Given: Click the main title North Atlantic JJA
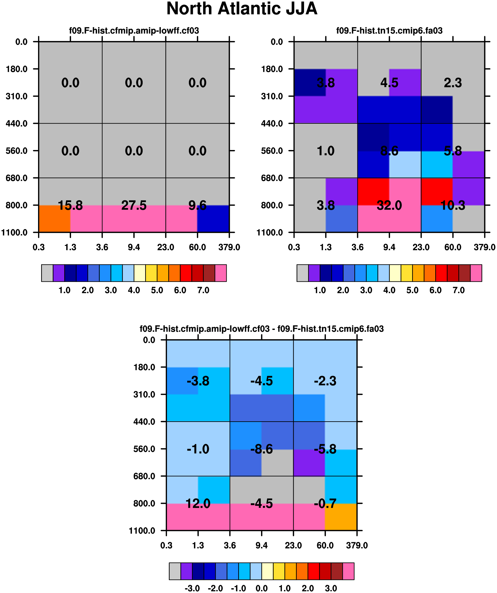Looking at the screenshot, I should coord(242,8).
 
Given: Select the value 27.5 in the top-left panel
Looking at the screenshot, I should coord(134,205).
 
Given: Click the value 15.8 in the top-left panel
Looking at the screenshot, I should coord(70,205).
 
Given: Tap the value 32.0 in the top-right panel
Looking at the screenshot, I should coord(389,205).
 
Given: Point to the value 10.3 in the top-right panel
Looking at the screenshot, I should coord(453,205).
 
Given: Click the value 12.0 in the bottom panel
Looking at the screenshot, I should coord(198,504).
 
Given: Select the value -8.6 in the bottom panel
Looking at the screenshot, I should coord(262,449).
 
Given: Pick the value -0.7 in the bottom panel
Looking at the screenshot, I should coord(325,504).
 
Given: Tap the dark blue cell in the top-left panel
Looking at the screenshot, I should coord(213,219).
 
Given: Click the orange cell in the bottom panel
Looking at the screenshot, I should coord(341,517).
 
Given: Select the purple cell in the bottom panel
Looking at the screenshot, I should coord(309,462).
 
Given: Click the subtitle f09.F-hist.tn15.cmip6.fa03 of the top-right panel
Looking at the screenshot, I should coord(389,30).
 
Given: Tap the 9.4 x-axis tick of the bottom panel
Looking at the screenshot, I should coord(262,545).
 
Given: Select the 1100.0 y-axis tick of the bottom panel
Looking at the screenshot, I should coord(142,531).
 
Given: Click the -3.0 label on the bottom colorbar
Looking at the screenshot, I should coord(192,588).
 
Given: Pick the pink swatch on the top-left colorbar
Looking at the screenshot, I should coord(220,273).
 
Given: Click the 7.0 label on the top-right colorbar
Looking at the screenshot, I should coord(459,290).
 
